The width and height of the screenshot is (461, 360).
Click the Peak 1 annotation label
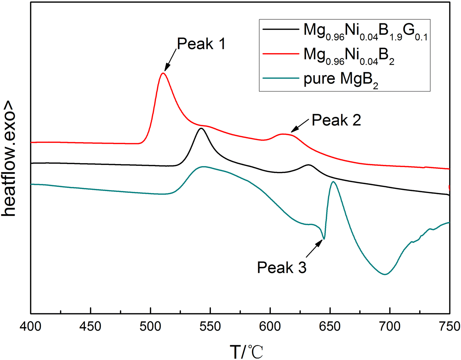click(201, 44)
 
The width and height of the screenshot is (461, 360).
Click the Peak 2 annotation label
click(336, 120)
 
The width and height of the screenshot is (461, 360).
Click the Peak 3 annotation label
click(282, 268)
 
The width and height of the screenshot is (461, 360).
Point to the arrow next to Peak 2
click(300, 126)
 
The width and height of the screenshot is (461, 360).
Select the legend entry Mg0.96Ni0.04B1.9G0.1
click(365, 32)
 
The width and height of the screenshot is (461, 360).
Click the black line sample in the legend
click(281, 29)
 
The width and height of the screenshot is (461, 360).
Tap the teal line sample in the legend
click(281, 78)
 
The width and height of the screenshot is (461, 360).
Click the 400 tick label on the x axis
click(30, 326)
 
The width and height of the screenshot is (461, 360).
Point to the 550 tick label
click(210, 326)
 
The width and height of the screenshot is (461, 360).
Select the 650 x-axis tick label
click(330, 326)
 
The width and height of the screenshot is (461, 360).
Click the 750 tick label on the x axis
click(449, 326)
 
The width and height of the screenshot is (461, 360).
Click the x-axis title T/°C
click(246, 351)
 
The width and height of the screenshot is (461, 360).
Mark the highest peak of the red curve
click(163, 73)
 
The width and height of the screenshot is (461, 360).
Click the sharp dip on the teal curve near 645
click(324, 239)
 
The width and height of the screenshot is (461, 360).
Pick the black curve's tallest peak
click(201, 128)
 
